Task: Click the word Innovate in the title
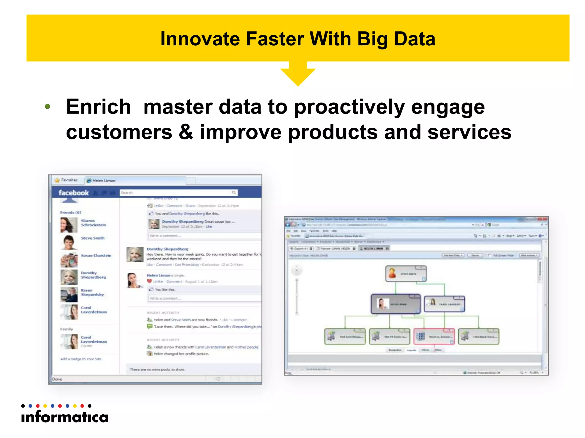tap(200, 39)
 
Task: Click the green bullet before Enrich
tap(47, 107)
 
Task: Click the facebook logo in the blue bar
tap(74, 193)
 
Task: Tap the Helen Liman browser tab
tap(104, 181)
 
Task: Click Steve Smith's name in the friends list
tap(93, 238)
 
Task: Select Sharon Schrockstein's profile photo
tap(69, 225)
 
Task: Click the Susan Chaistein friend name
tap(96, 255)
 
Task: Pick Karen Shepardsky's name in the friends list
tap(92, 293)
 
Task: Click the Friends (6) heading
tap(71, 212)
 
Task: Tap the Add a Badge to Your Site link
tap(81, 359)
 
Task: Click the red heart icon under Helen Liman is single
tap(149, 281)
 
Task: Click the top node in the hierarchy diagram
tap(406, 274)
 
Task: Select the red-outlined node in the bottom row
tap(434, 336)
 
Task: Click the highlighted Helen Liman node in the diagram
tap(396, 304)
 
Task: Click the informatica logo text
tap(65, 417)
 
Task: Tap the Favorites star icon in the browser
tap(57, 180)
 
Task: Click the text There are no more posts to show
tap(157, 370)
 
